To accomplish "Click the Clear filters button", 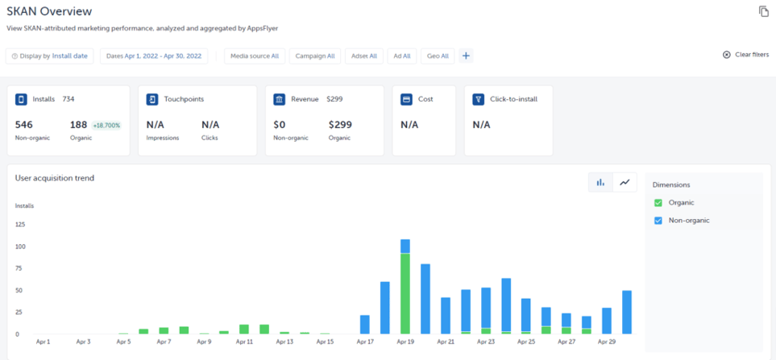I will point(745,55).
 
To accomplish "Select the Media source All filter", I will point(254,56).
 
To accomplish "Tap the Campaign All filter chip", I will point(314,56).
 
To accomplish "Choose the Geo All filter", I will point(438,56).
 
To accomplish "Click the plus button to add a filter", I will point(466,56).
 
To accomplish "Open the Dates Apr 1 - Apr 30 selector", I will point(154,56).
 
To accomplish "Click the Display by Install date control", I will point(50,56).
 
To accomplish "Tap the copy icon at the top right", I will point(763,11).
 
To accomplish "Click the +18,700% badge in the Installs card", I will point(106,126).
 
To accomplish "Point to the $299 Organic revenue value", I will point(339,125).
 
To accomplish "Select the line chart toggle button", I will point(625,183).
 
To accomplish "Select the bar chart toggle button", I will point(600,183).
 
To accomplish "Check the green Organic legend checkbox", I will point(658,203).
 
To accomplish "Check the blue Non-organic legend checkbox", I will point(658,221).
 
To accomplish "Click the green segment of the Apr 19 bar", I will point(405,294).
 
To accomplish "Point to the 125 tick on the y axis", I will point(20,224).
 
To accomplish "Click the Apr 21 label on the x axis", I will point(446,342).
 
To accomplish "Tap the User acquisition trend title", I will point(55,178).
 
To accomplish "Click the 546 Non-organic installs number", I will point(25,125).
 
